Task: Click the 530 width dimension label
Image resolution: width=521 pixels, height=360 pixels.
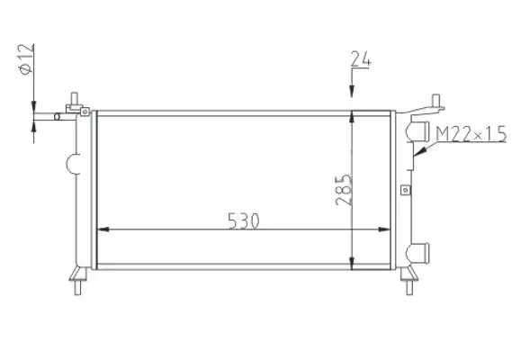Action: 244,220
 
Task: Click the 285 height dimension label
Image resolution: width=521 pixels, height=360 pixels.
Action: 343,190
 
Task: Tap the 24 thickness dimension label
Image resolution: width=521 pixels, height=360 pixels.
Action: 361,58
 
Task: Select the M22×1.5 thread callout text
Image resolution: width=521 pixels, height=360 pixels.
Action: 471,134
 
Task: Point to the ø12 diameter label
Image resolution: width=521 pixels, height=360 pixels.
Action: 26,58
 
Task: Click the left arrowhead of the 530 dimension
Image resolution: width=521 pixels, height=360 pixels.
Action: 103,229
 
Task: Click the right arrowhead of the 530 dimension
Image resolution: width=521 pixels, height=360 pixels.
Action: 384,229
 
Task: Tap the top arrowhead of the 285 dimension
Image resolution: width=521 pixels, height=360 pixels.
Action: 352,117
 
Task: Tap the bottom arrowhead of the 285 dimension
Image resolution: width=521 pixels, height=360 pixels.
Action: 352,264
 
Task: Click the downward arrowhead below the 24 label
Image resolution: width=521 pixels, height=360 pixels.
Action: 352,92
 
